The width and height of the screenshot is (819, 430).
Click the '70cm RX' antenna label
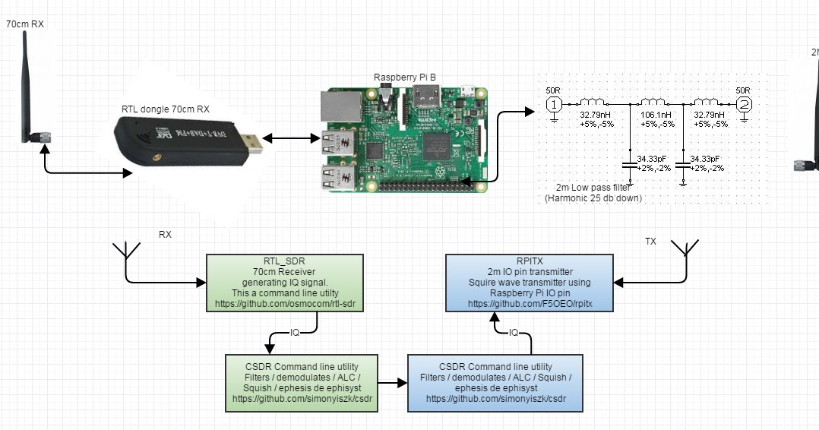(25, 24)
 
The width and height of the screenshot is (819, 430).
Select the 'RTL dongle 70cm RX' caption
(166, 109)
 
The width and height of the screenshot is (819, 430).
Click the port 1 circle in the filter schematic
(555, 104)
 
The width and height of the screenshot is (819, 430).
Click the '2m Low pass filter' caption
(593, 187)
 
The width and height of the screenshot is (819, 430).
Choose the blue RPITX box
(530, 282)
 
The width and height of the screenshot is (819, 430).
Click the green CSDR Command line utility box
(302, 382)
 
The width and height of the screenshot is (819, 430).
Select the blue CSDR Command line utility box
(495, 382)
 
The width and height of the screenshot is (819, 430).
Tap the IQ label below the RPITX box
(514, 332)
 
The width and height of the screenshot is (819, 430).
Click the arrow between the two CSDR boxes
(392, 383)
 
